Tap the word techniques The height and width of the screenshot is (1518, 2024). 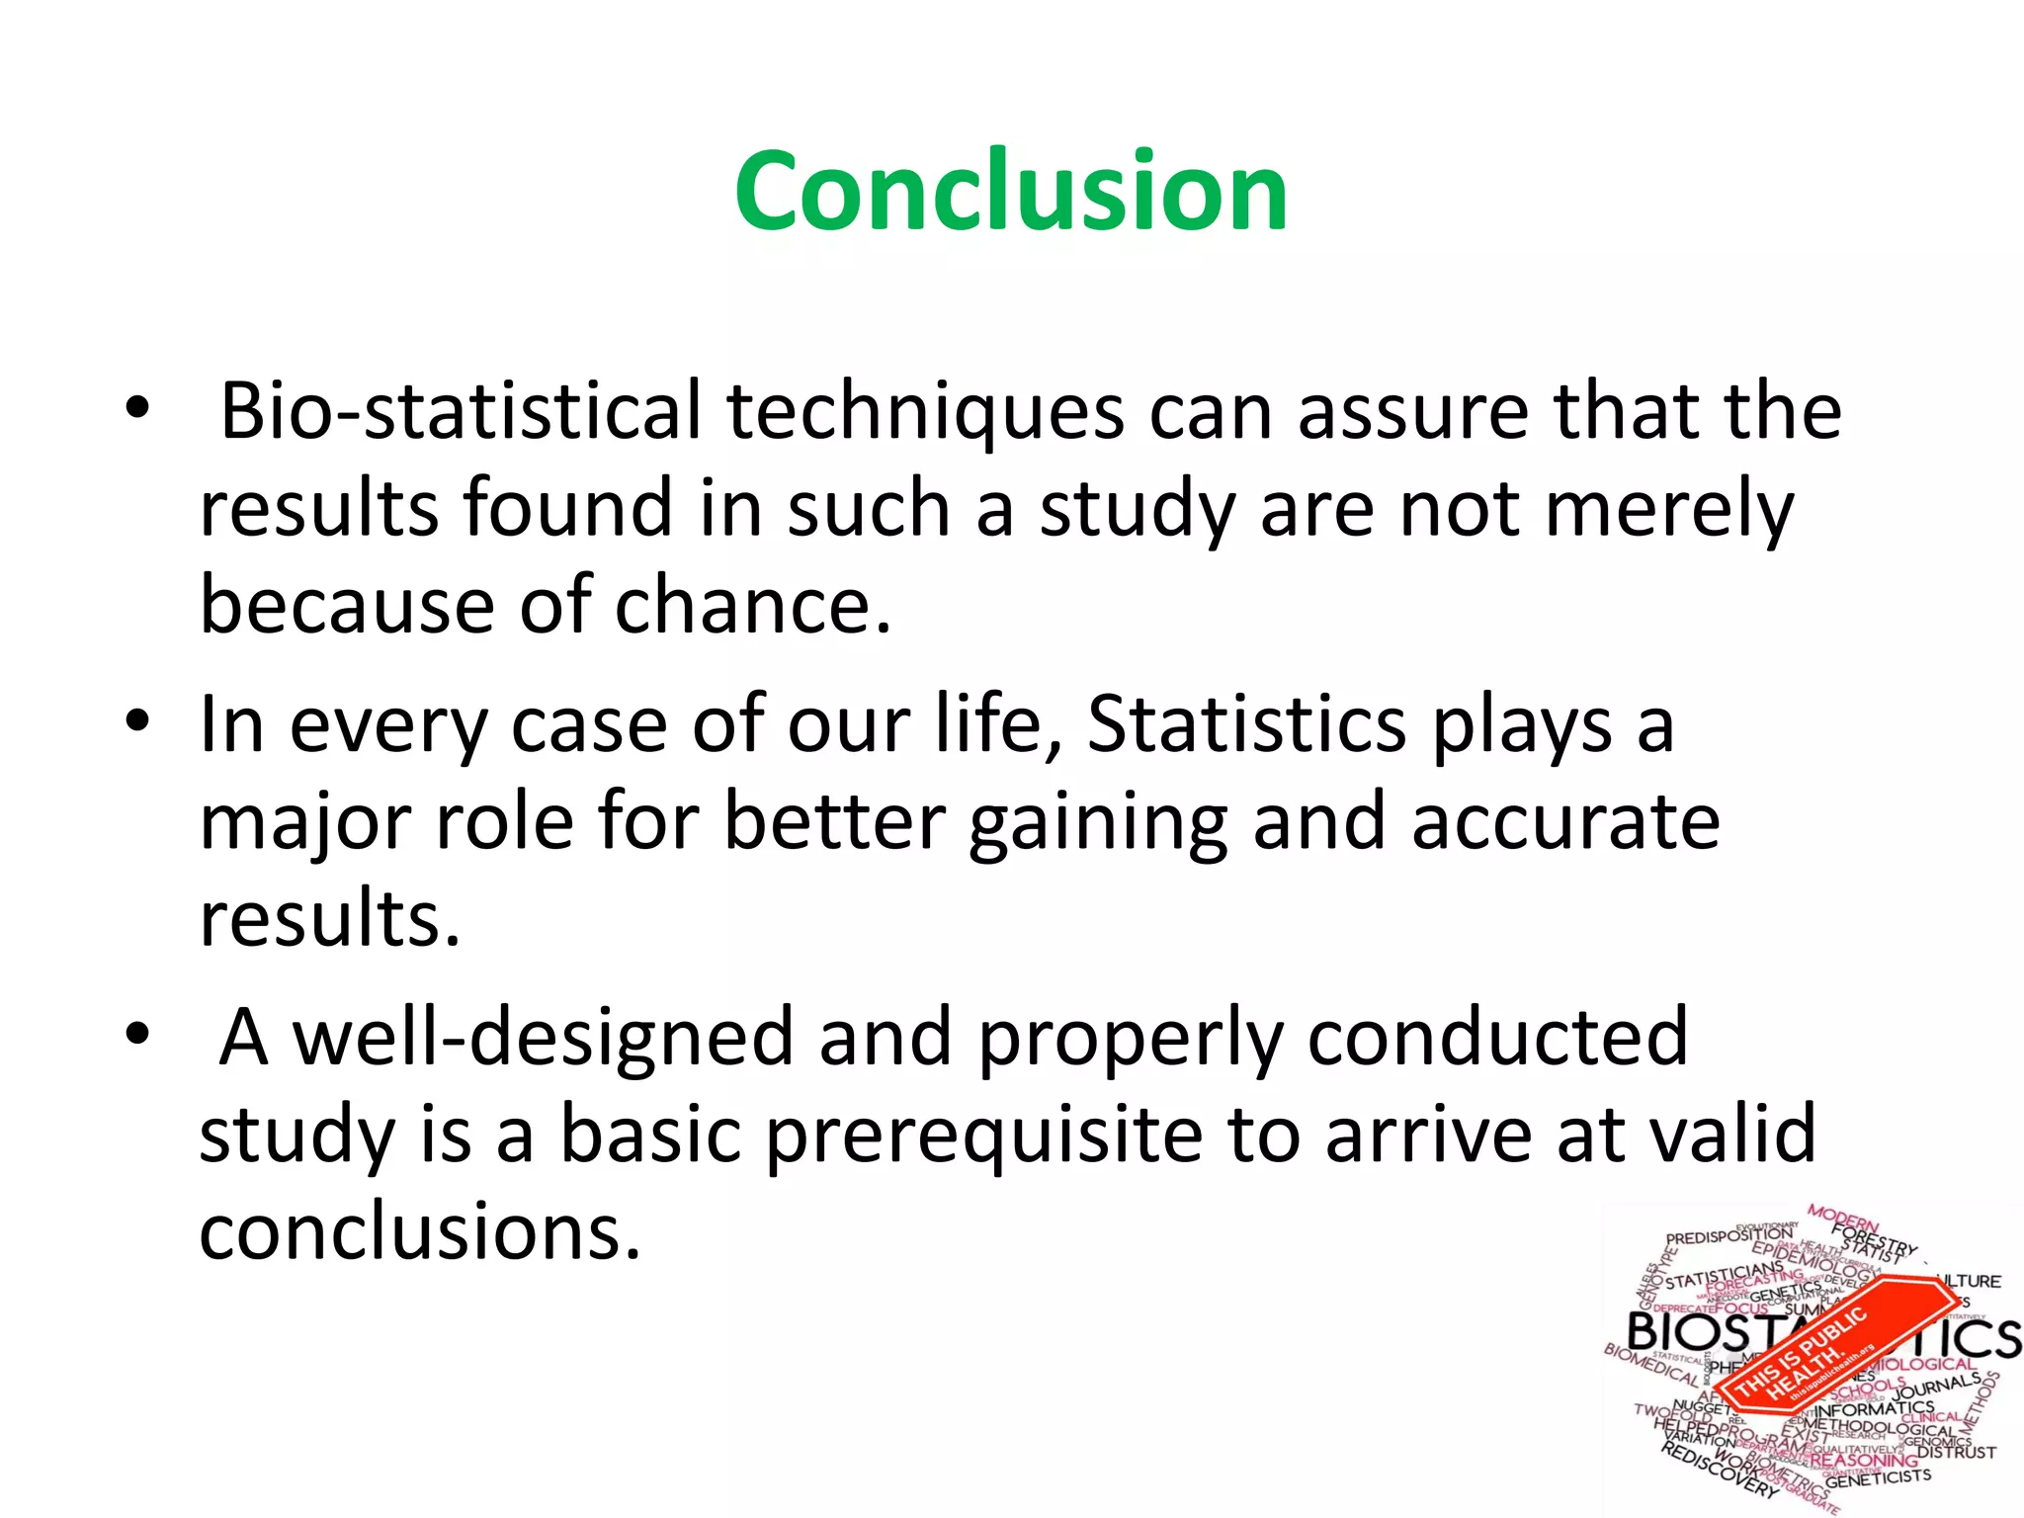pyautogui.click(x=925, y=411)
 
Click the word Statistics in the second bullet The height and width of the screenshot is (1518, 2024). pyautogui.click(x=1246, y=723)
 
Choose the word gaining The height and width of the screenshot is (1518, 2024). pyautogui.click(x=1097, y=822)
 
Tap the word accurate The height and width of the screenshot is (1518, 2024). pyautogui.click(x=1565, y=822)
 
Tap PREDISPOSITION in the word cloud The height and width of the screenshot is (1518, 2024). pyautogui.click(x=1729, y=1235)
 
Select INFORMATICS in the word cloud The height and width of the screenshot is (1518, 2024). pyautogui.click(x=1874, y=1407)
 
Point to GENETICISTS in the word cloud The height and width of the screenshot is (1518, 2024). pyautogui.click(x=1878, y=1478)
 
